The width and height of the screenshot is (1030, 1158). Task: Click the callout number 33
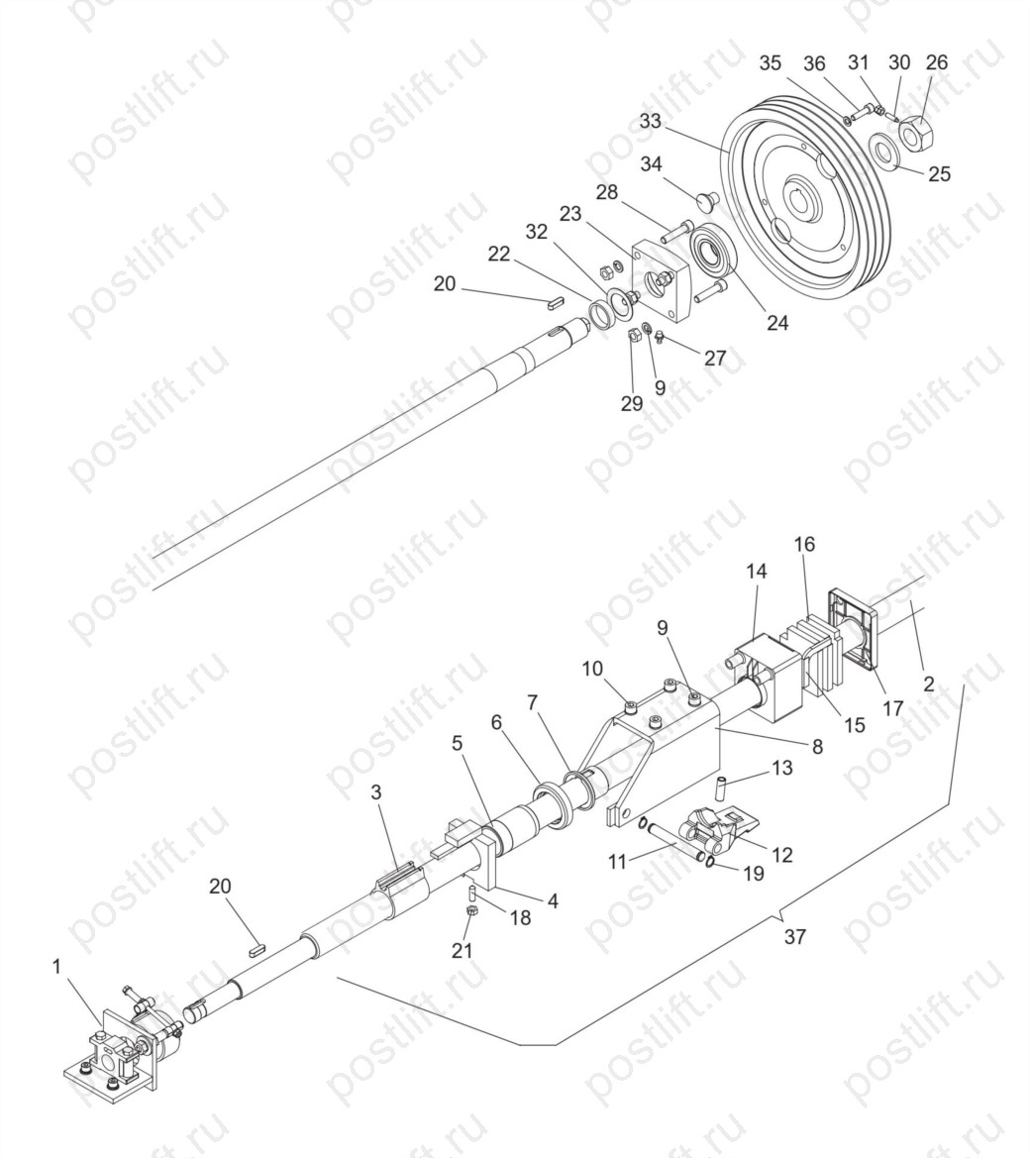[x=651, y=121]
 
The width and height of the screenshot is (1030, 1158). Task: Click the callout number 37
[x=795, y=937]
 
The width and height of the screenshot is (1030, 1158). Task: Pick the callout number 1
[x=57, y=966]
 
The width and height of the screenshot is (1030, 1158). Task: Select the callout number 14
[x=756, y=571]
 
